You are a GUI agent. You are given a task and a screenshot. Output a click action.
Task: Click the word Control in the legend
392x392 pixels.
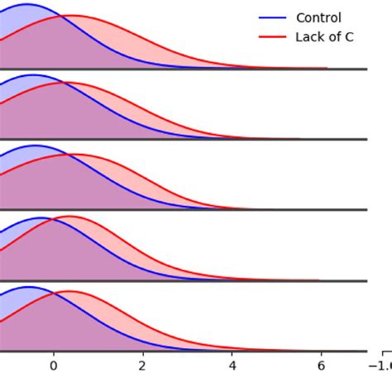coord(318,18)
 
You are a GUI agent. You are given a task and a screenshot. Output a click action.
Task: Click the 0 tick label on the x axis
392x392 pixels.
coord(54,365)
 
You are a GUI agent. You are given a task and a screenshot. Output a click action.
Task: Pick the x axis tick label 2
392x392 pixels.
coord(143,365)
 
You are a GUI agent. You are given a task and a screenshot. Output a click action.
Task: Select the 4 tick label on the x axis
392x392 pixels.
coord(232,365)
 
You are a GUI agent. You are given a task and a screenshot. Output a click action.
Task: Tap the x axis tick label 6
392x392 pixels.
coord(322,365)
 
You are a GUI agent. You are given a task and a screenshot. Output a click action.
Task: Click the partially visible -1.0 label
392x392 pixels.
coord(381,365)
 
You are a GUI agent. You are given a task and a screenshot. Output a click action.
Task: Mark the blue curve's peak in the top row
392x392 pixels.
coord(26,5)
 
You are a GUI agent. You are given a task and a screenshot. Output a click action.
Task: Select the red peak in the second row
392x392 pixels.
coord(71,83)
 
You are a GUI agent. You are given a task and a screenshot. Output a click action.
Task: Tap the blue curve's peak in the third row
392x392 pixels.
coord(36,146)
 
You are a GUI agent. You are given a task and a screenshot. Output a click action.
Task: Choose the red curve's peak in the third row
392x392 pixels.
coord(73,154)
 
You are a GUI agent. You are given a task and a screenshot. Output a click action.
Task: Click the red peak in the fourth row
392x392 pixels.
coord(69,217)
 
